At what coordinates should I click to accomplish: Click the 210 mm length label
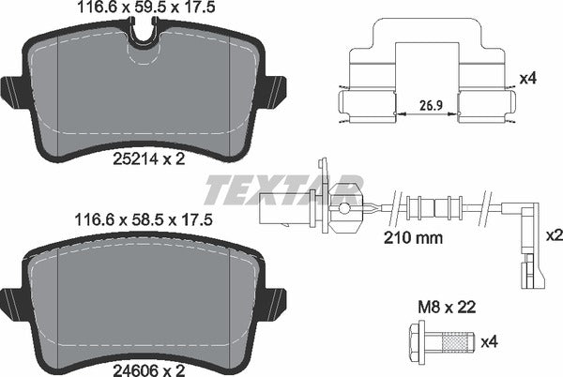click(415, 237)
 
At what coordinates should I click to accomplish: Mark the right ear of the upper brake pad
click(273, 92)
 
